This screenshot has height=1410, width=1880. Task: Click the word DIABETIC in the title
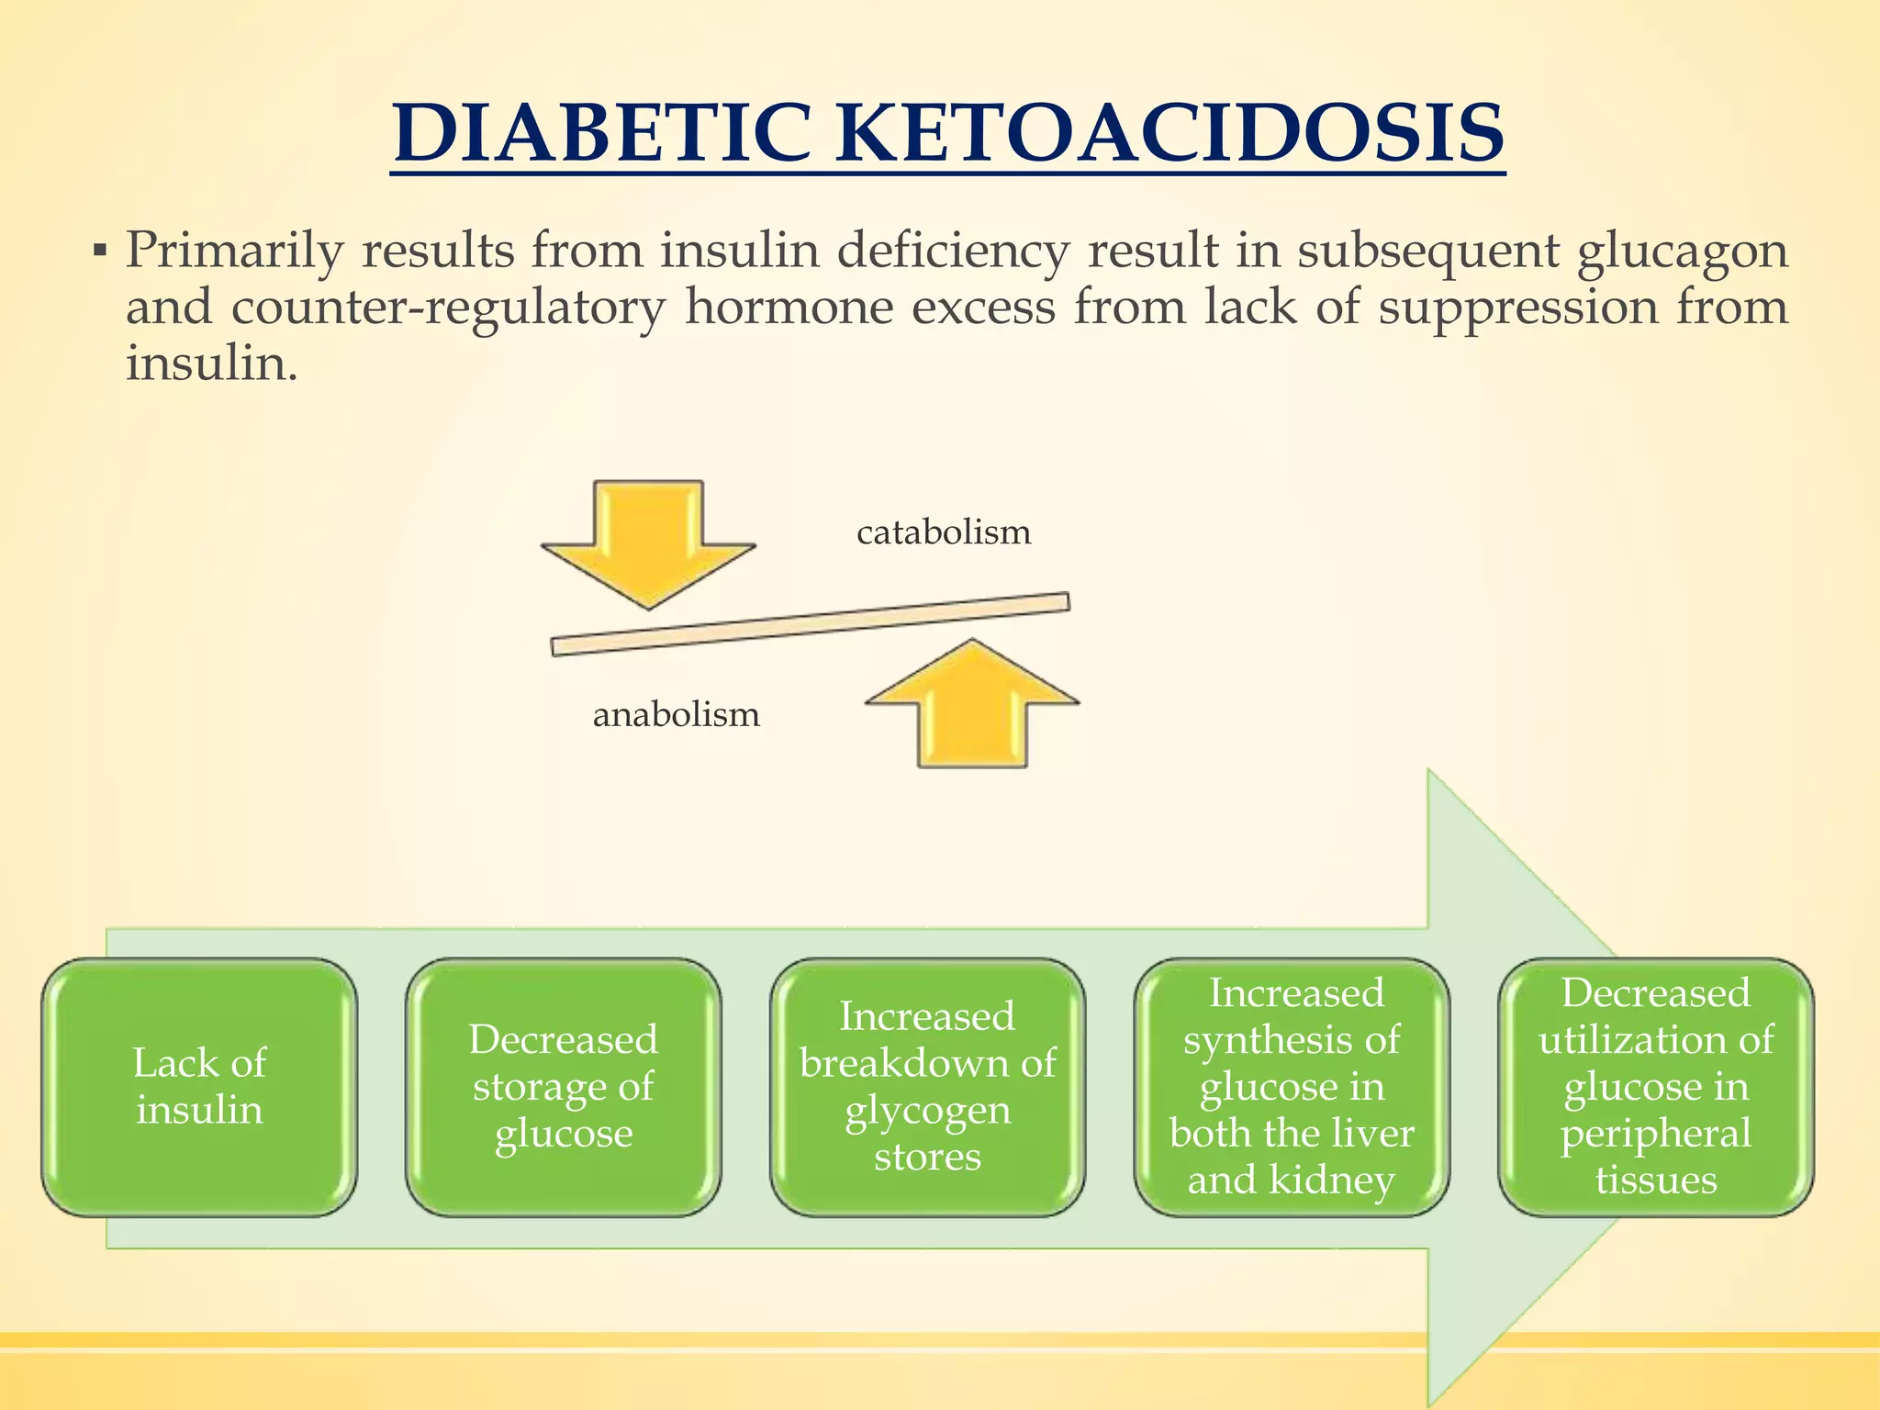[601, 134]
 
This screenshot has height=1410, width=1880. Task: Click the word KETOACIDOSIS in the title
[1170, 134]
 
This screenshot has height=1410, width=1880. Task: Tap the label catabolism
[944, 532]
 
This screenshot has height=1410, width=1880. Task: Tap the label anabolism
[677, 715]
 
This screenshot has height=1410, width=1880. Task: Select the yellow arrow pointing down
[649, 542]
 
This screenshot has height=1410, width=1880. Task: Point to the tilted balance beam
[811, 624]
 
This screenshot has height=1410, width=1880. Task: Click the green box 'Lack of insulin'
[199, 1088]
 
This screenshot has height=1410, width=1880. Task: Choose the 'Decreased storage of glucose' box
[564, 1088]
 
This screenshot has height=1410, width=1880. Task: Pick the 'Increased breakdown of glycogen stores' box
[928, 1088]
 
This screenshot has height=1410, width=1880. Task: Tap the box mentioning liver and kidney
[1292, 1088]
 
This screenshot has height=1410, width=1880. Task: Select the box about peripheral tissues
[1656, 1088]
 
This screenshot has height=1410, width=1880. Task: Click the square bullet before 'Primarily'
[100, 251]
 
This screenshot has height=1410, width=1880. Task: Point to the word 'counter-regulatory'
[448, 308]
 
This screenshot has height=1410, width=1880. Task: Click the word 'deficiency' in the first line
[954, 252]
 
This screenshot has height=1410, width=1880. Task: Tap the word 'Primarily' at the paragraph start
[234, 252]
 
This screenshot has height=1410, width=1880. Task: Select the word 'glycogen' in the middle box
[928, 1112]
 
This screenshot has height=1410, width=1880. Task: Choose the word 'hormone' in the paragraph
[789, 308]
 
